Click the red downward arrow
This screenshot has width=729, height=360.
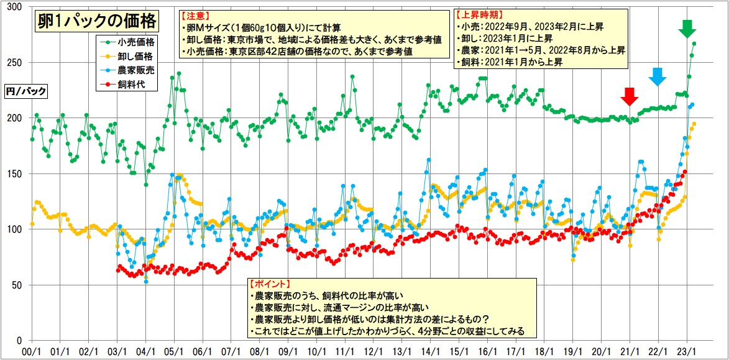point(630,97)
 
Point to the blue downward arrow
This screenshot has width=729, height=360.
point(658,76)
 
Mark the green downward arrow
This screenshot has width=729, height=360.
point(687,29)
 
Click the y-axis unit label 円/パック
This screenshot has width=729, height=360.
point(25,91)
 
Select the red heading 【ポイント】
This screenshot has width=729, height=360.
point(270,284)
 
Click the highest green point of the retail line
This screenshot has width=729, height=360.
point(694,44)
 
